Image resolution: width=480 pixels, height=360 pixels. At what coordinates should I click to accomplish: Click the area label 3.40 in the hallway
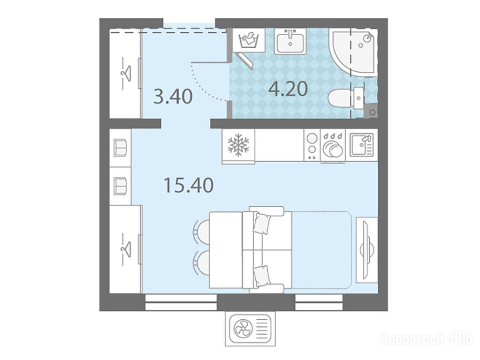pyautogui.click(x=173, y=97)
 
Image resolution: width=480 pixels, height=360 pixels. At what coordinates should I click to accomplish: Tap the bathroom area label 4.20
pyautogui.click(x=288, y=89)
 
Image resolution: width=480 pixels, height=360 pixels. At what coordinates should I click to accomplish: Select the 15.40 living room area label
pyautogui.click(x=189, y=185)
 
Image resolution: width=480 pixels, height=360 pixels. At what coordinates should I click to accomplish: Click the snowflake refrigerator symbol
pyautogui.click(x=238, y=145)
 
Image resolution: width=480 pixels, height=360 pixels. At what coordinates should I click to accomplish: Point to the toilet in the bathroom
pyautogui.click(x=346, y=98)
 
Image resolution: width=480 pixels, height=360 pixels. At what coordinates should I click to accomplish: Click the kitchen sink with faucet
pyautogui.click(x=362, y=145)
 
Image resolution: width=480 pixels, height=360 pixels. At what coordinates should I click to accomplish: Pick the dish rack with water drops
pyautogui.click(x=333, y=146)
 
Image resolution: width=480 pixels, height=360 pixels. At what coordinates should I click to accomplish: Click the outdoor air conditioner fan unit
pyautogui.click(x=250, y=329)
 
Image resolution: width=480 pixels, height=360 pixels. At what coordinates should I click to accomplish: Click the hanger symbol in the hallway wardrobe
pyautogui.click(x=125, y=74)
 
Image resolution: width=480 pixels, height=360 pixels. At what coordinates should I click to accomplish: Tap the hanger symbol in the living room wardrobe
pyautogui.click(x=125, y=249)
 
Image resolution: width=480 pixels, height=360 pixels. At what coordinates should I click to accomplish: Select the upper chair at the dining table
pyautogui.click(x=203, y=232)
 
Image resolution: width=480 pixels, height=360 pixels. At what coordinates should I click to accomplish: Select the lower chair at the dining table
pyautogui.click(x=203, y=263)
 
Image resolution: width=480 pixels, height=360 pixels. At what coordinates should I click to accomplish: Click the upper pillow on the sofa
pyautogui.click(x=261, y=224)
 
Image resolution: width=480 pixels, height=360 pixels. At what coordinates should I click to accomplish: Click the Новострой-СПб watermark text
pyautogui.click(x=427, y=338)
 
